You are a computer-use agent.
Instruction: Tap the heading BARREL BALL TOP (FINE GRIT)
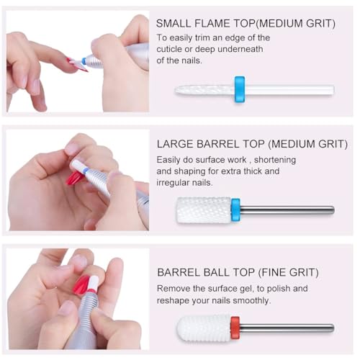(x=238, y=273)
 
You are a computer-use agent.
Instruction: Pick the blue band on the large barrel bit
(x=235, y=209)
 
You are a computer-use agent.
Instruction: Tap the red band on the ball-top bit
(x=235, y=328)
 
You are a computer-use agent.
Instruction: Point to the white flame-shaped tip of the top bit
(x=205, y=90)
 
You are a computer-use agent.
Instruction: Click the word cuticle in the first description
(x=174, y=49)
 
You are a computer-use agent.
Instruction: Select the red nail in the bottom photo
(x=81, y=285)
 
